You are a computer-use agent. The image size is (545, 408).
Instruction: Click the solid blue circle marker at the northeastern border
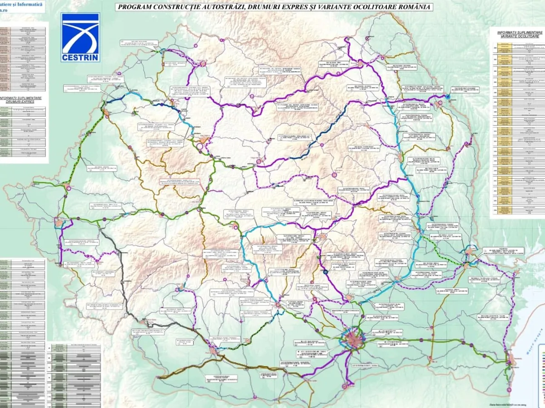[x=448, y=97]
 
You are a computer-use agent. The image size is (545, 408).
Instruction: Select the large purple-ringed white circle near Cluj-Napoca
[x=200, y=146]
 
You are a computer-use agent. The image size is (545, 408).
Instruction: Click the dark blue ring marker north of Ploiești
[x=326, y=272]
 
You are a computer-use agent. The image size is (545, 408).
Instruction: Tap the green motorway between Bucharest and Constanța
[x=431, y=340]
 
